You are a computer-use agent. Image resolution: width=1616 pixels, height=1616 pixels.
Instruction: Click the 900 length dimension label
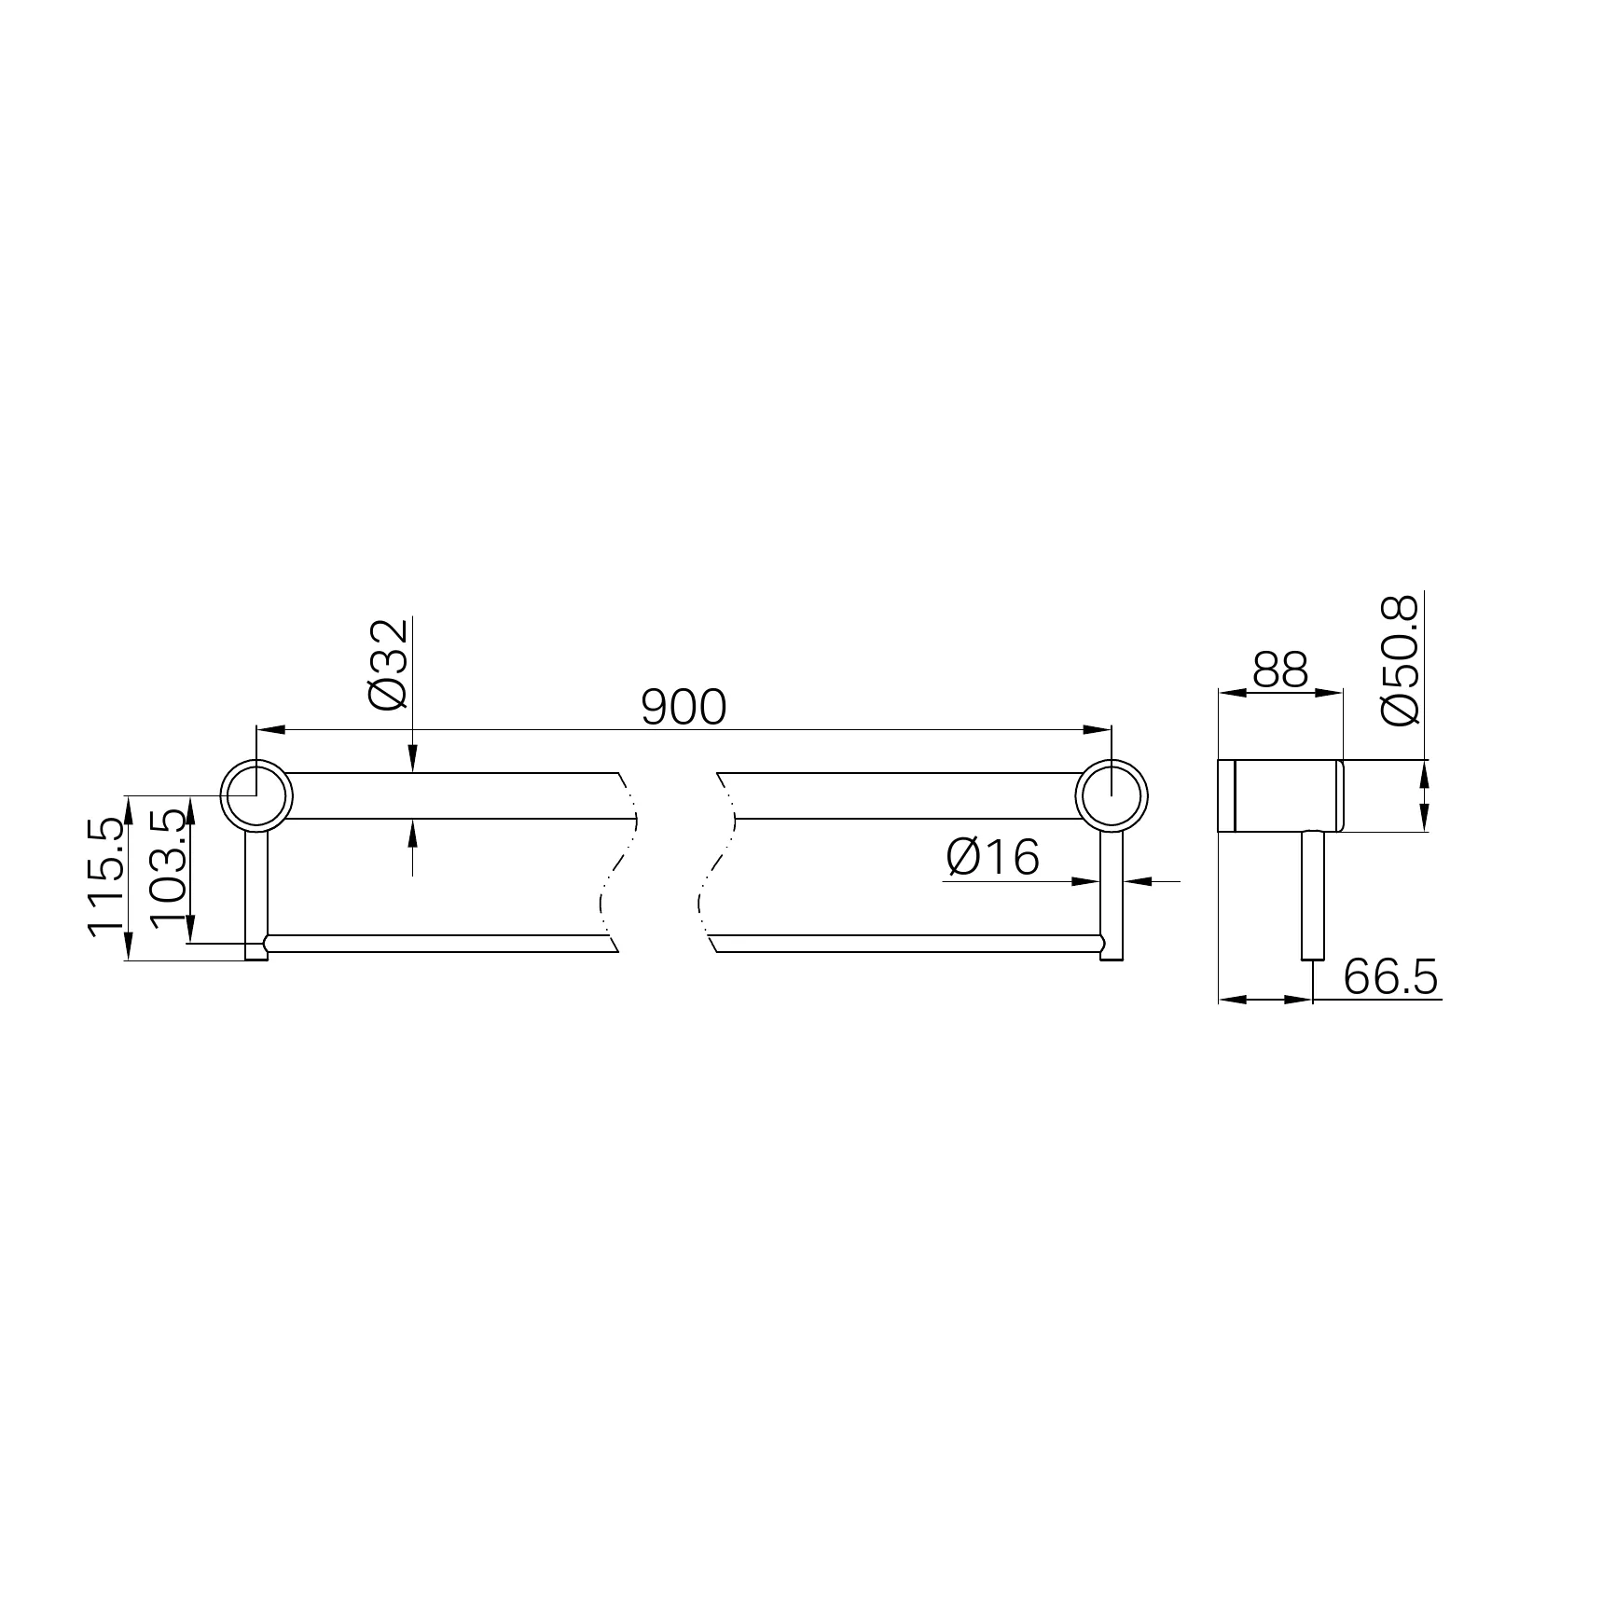click(684, 708)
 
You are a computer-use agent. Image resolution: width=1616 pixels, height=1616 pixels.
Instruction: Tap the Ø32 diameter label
click(388, 663)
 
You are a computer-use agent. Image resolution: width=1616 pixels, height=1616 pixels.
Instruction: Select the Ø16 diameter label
click(992, 858)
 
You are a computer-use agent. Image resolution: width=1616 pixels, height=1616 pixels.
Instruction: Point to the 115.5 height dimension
click(104, 876)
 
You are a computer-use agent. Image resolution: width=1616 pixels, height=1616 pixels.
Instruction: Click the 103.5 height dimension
click(168, 867)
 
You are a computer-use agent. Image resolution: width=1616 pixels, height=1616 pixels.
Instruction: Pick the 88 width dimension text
click(1280, 670)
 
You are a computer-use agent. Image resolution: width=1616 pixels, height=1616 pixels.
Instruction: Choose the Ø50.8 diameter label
click(1399, 660)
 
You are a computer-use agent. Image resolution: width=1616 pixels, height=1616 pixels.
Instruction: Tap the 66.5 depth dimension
click(1390, 977)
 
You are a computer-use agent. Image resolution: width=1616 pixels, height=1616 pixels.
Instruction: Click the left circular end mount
click(256, 796)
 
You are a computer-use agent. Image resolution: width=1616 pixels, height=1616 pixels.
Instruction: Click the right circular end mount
click(1112, 796)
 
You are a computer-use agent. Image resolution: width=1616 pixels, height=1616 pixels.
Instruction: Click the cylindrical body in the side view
click(1280, 796)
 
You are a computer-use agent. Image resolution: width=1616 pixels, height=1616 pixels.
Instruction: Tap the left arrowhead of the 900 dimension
click(269, 730)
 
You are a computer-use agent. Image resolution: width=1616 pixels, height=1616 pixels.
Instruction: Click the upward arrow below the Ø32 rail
click(412, 832)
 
